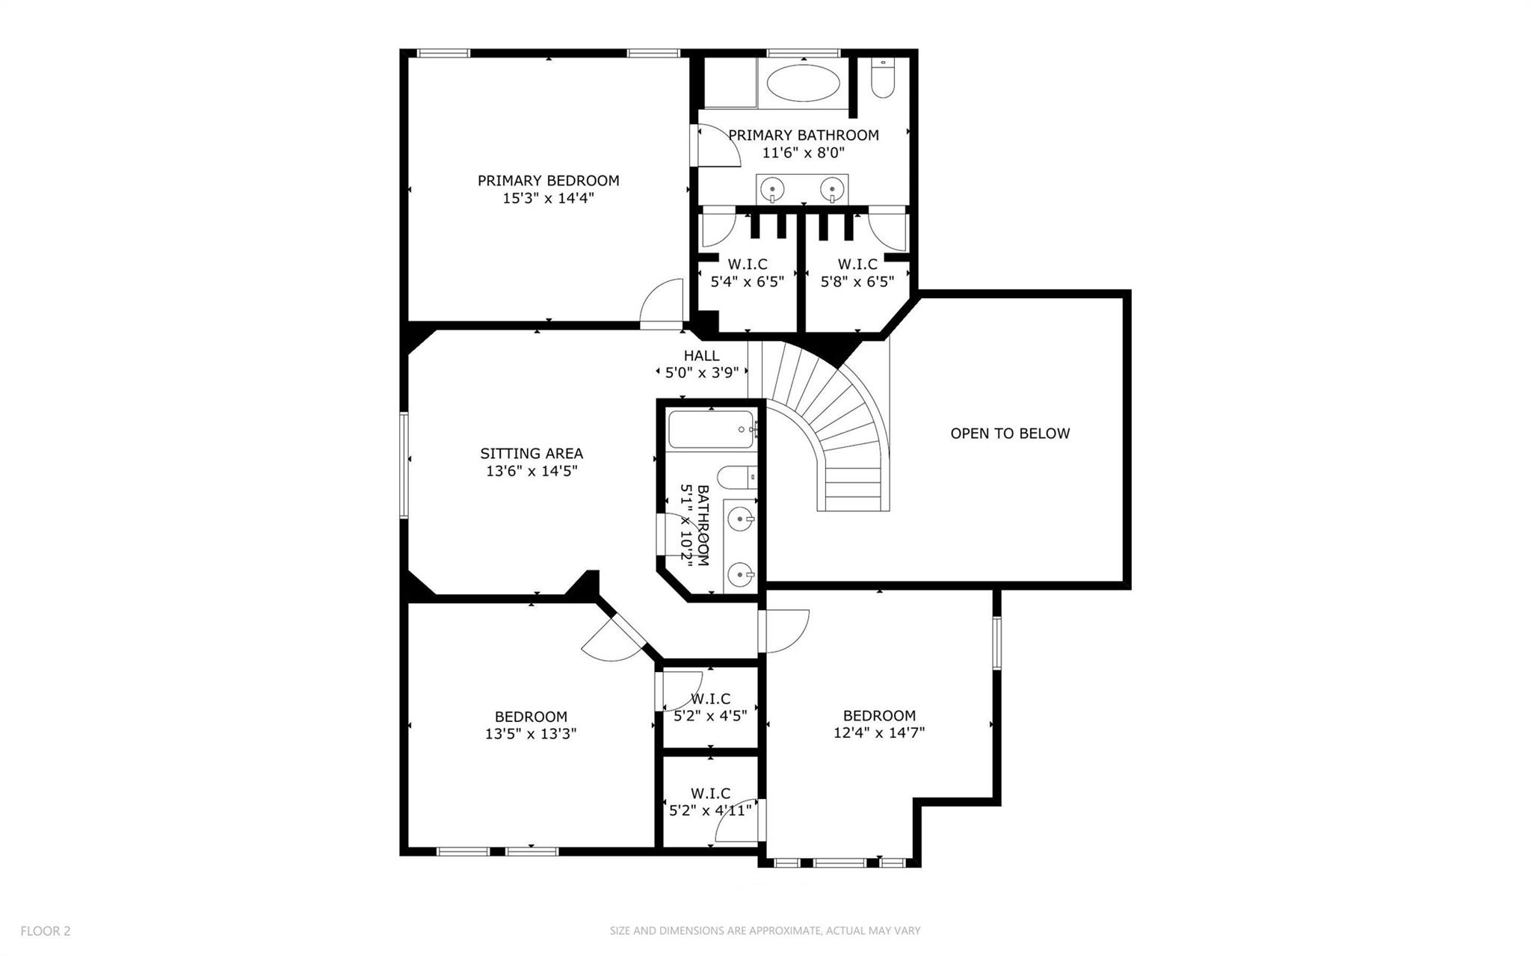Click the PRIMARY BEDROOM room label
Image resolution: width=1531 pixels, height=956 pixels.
click(x=548, y=181)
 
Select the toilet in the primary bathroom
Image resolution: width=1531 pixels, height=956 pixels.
click(x=883, y=78)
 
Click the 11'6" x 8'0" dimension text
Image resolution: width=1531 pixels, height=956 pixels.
click(x=804, y=153)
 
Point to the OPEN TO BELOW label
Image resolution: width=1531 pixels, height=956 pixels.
click(x=1010, y=434)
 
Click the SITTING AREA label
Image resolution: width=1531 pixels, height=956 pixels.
click(x=532, y=454)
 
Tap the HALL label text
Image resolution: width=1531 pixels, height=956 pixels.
click(x=701, y=356)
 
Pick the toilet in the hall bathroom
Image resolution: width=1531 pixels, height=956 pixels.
click(x=736, y=476)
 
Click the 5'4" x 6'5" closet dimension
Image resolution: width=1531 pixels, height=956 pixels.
click(x=747, y=283)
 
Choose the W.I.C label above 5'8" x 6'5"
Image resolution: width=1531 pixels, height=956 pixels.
click(x=857, y=265)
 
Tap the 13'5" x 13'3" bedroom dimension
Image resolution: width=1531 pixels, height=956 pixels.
click(x=531, y=734)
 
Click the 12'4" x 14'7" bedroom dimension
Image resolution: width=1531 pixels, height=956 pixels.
click(x=879, y=733)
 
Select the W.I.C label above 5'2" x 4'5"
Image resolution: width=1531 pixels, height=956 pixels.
click(x=710, y=699)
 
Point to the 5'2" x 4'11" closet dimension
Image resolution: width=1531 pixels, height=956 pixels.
click(x=710, y=809)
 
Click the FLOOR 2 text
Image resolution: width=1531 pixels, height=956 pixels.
click(x=46, y=931)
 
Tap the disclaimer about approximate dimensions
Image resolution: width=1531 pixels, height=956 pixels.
click(x=765, y=931)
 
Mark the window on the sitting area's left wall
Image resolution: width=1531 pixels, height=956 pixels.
click(x=404, y=464)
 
